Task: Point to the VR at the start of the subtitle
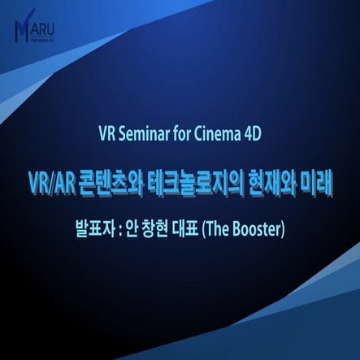point(106,134)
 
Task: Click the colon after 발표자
point(119,229)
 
